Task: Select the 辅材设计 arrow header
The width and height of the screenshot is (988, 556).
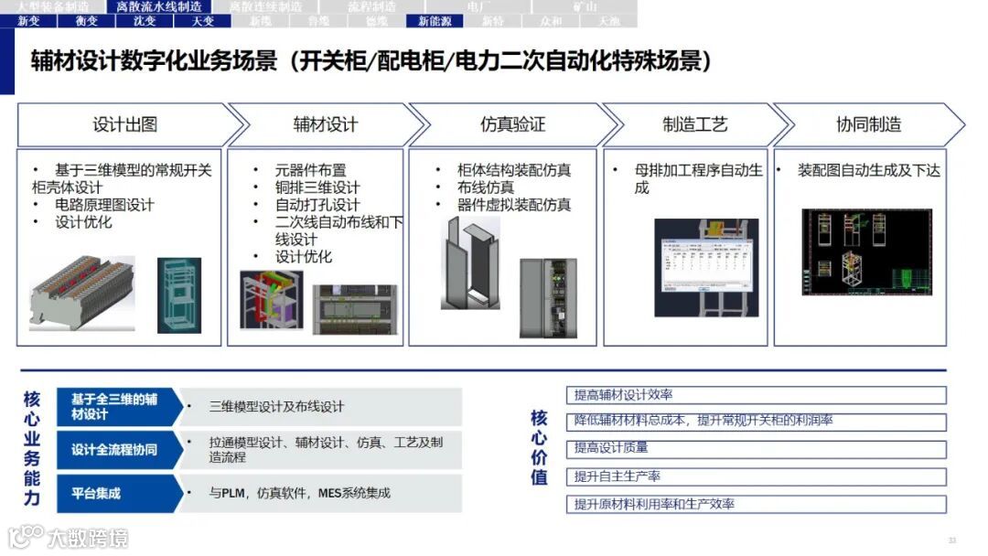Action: tap(325, 124)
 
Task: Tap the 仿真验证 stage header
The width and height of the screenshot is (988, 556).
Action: tap(512, 124)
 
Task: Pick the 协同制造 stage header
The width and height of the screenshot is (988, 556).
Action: tap(869, 124)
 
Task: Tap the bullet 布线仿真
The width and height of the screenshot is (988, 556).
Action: tap(486, 187)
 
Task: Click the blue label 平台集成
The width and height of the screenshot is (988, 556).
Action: tap(97, 494)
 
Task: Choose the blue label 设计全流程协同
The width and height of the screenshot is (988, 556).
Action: tap(114, 450)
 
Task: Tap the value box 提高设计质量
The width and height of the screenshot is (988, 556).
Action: tap(756, 448)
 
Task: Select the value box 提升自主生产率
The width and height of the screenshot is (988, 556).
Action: tap(756, 476)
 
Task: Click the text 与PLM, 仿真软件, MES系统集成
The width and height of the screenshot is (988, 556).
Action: tap(299, 494)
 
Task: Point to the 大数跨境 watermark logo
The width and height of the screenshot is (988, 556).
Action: tap(69, 538)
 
